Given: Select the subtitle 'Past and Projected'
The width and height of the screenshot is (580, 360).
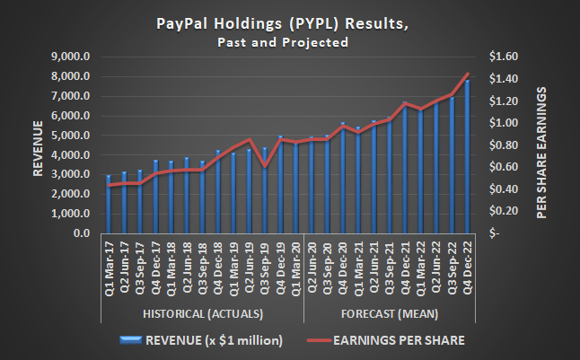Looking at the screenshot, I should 290,43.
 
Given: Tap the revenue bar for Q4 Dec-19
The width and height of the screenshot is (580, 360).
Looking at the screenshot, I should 280,185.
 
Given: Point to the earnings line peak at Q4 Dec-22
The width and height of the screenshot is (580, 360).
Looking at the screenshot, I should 467,74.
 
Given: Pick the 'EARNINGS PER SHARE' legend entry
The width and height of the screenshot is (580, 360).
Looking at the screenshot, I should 388,340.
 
